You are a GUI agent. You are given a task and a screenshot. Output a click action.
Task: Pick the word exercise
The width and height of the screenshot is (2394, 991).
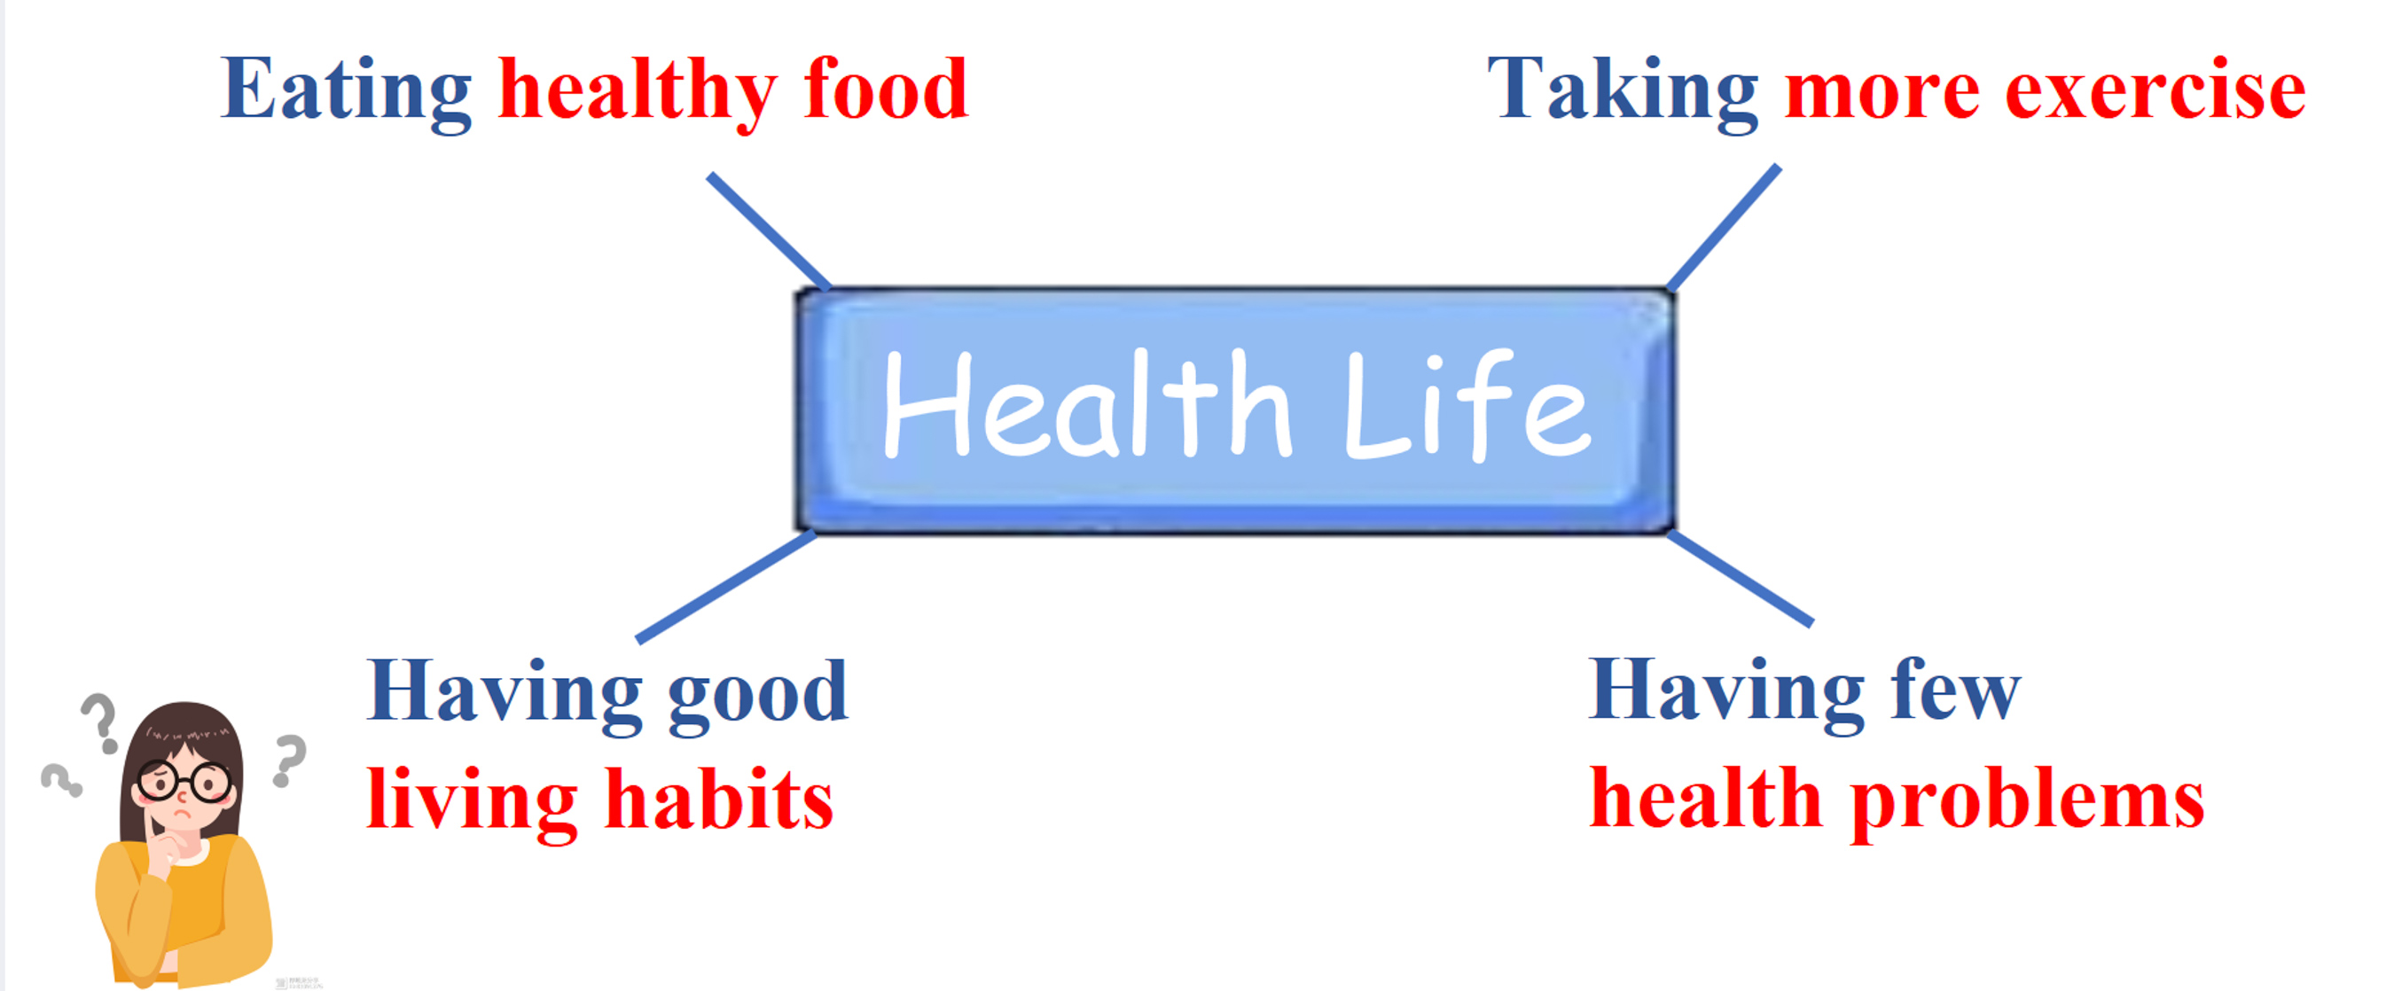[x=2155, y=90]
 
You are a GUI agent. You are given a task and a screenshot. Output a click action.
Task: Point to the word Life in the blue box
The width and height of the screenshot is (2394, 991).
[x=1468, y=406]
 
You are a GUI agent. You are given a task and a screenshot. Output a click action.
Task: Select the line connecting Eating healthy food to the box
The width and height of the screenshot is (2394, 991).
[x=769, y=231]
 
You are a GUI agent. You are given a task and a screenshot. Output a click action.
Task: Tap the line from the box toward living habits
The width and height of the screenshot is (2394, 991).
[x=726, y=587]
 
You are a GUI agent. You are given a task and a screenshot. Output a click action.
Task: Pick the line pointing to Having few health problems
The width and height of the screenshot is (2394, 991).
[x=1741, y=579]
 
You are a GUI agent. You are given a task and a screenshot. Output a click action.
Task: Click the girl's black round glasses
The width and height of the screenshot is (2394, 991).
[x=183, y=782]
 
